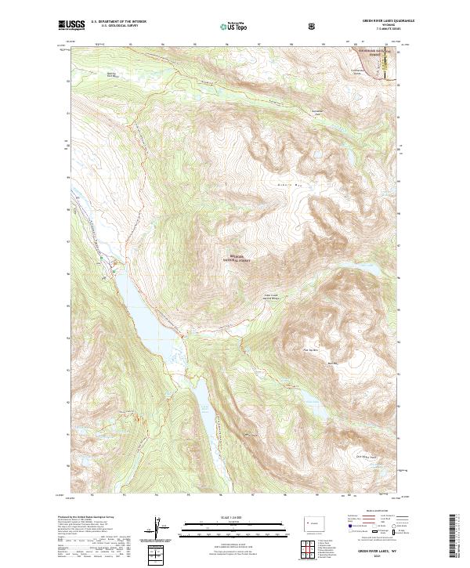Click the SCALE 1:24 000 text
[234, 517]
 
